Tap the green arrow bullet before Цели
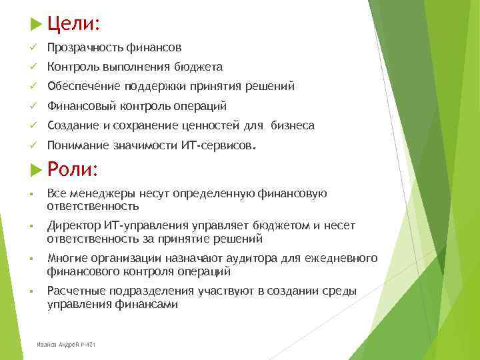click(x=36, y=25)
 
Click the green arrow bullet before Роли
click(x=36, y=170)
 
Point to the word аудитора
click(x=235, y=259)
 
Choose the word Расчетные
click(x=75, y=291)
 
